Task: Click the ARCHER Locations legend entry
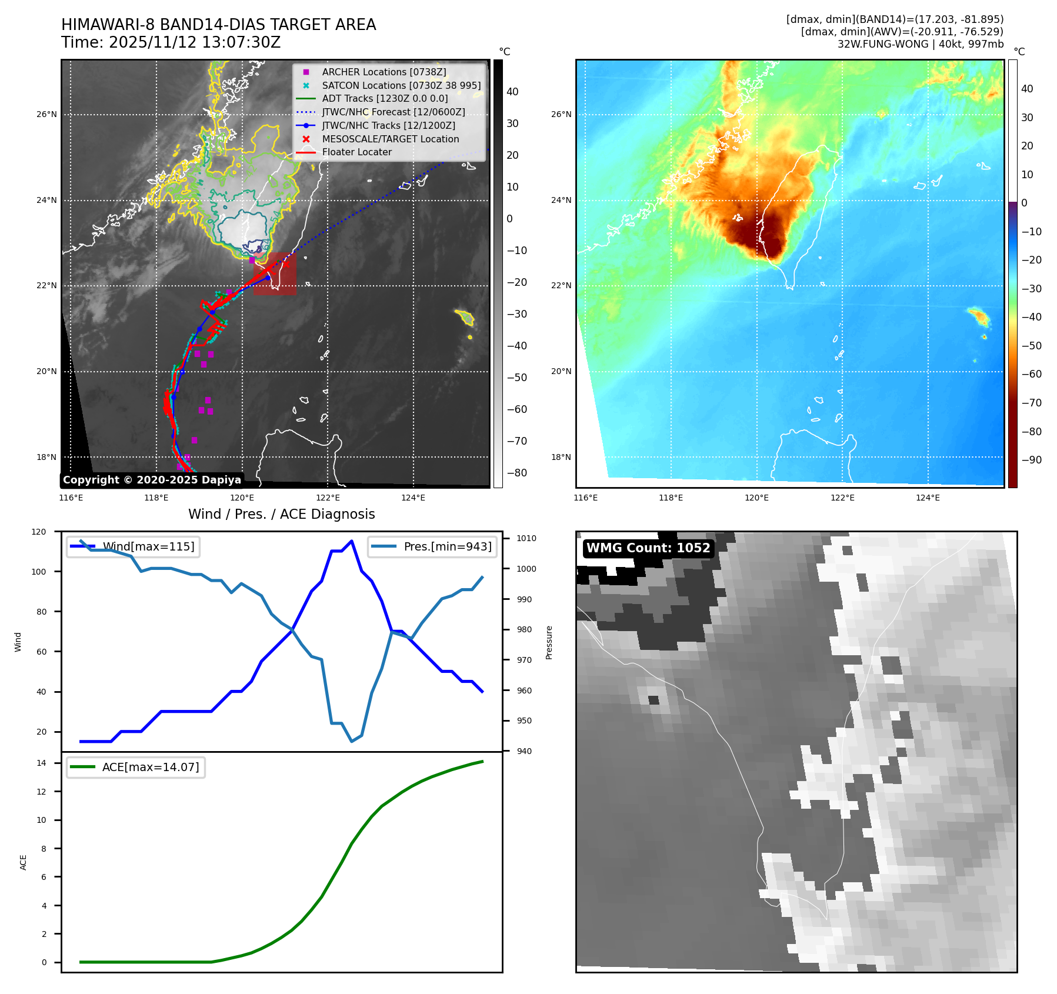point(384,72)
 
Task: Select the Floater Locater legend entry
point(356,152)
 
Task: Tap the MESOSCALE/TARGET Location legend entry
point(390,139)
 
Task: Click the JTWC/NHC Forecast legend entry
point(393,112)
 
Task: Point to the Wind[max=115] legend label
point(148,546)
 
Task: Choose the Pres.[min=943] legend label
point(448,546)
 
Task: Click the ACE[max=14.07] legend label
point(151,767)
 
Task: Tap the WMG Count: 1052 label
point(648,548)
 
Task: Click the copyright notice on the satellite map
point(152,480)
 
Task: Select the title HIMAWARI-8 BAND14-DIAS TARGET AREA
point(218,25)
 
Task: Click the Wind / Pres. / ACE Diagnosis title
point(281,514)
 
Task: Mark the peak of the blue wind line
point(352,541)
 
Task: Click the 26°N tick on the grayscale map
point(46,114)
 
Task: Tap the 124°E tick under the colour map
point(928,498)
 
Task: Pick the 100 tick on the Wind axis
point(41,572)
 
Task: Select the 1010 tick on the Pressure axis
point(526,538)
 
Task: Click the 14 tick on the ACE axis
point(41,763)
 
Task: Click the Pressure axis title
point(549,642)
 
